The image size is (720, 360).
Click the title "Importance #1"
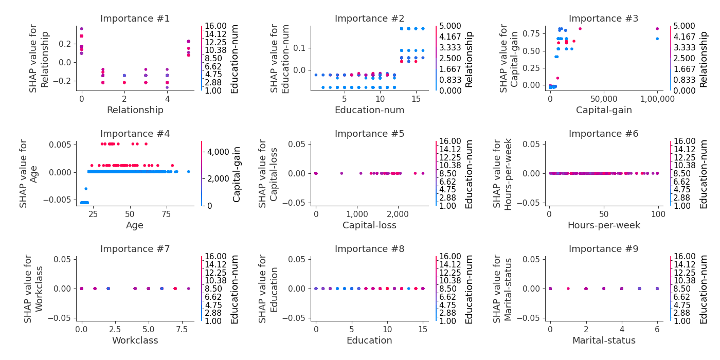(x=135, y=19)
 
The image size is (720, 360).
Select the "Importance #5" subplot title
(x=369, y=134)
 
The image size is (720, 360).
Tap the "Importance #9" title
(x=603, y=249)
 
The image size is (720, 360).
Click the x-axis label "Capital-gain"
(x=603, y=110)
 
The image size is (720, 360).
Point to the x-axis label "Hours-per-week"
(x=603, y=225)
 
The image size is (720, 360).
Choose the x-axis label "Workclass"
(x=135, y=340)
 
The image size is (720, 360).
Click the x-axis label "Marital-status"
(x=603, y=340)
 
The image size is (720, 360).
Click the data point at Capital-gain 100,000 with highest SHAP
(x=657, y=29)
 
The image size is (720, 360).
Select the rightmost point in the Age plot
(x=188, y=171)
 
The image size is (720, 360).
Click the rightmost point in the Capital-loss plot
(x=423, y=173)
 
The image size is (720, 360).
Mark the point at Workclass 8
(x=188, y=289)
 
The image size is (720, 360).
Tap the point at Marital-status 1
(x=568, y=289)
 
